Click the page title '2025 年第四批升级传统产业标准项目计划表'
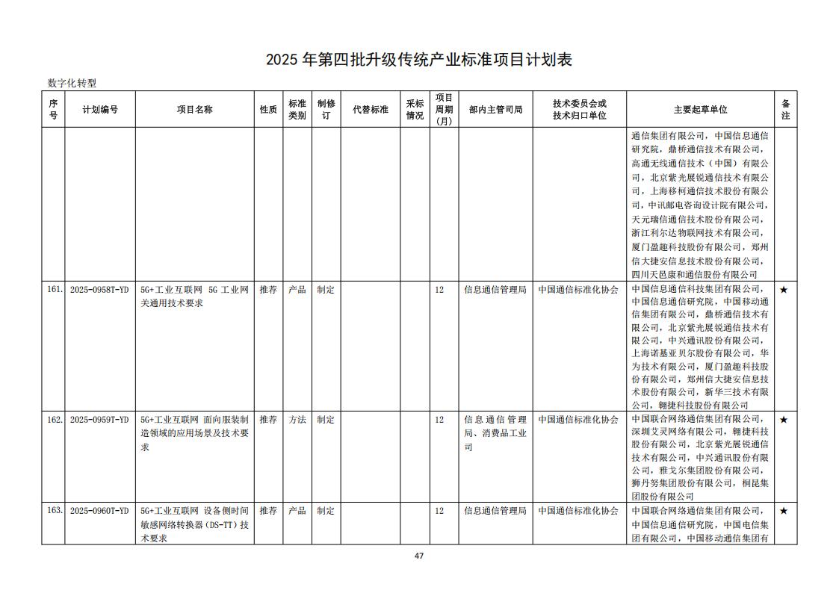click(x=419, y=60)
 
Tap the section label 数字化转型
click(x=72, y=84)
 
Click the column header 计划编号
click(x=100, y=110)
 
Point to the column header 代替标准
click(x=371, y=110)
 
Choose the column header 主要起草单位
click(x=700, y=110)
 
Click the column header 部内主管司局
click(x=495, y=110)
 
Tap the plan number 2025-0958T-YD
click(x=99, y=290)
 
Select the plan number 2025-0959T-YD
click(x=99, y=420)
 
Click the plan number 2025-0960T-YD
click(x=99, y=511)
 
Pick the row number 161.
click(x=55, y=290)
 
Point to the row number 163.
click(x=55, y=511)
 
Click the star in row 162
click(x=784, y=420)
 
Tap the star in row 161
click(x=784, y=290)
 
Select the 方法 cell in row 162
click(x=297, y=420)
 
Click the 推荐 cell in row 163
click(x=268, y=511)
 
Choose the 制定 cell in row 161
click(x=326, y=290)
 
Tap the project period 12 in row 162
click(x=439, y=420)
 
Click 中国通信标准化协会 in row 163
click(x=578, y=511)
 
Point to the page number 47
click(x=419, y=556)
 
